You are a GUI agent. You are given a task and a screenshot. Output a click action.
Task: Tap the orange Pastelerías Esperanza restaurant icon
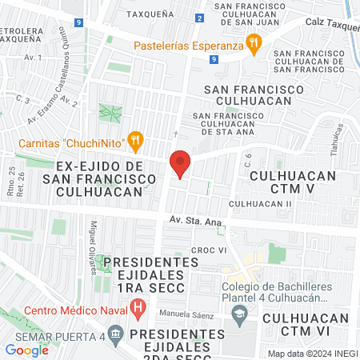(x=254, y=45)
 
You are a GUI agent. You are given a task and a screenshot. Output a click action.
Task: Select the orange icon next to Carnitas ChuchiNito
(x=136, y=142)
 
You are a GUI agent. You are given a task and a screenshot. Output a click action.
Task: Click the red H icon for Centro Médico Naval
(x=138, y=305)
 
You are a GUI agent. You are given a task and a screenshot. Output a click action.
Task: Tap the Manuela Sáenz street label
(x=186, y=313)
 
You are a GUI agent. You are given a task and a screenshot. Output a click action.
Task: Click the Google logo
(x=26, y=349)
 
